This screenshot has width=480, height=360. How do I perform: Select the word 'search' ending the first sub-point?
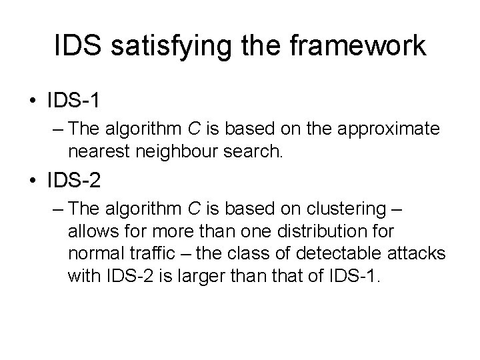point(256,152)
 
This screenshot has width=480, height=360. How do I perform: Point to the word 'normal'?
point(92,254)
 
